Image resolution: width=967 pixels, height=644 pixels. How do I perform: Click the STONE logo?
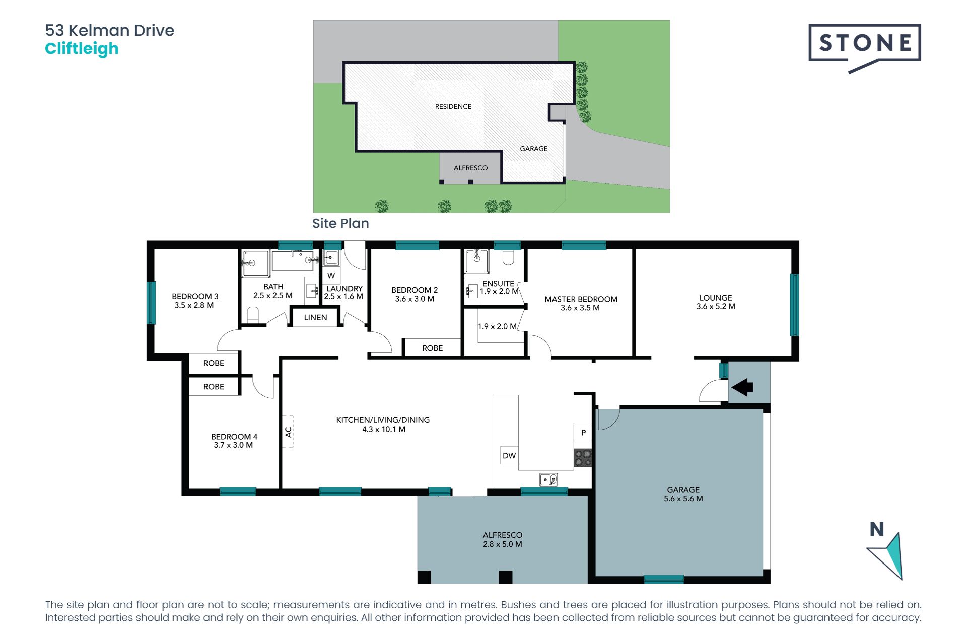pos(864,44)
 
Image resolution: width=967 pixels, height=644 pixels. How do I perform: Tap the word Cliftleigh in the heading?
pos(82,49)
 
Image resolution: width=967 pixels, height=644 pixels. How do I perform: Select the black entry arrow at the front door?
pos(742,387)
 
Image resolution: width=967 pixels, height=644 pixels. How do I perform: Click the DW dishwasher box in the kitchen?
pos(509,455)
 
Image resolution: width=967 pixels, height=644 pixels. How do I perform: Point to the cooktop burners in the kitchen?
pos(583,458)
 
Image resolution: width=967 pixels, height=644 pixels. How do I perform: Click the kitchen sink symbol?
pos(548,479)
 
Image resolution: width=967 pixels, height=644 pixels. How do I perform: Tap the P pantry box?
pos(583,432)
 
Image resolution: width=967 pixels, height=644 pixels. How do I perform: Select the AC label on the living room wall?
pos(288,432)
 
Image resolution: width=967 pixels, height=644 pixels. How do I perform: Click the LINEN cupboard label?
pos(315,317)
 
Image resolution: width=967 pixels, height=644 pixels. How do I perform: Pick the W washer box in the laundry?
pos(331,275)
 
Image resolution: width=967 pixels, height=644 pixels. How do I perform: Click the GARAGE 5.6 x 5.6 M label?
pos(683,494)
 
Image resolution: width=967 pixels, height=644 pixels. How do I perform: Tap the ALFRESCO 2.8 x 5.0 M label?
pos(502,539)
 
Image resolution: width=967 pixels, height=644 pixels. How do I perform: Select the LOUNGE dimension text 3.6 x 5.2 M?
pos(715,306)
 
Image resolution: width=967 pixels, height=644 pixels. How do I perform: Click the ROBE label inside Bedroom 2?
pos(432,348)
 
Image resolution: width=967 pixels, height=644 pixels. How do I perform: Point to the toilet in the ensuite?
pos(508,258)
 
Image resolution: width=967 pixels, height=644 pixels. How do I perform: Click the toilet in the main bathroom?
pos(253,315)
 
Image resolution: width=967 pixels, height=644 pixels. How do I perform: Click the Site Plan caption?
pos(340,223)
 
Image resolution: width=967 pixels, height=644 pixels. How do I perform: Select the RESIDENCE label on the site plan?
pos(453,106)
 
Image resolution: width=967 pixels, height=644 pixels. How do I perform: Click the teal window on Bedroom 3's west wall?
pos(151,302)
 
